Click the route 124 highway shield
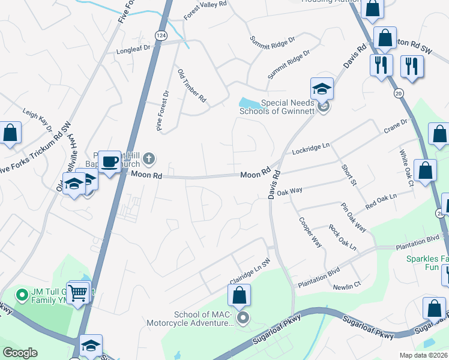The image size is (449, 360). click(160, 36)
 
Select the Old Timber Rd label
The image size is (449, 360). click(192, 85)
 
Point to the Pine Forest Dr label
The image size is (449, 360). click(163, 110)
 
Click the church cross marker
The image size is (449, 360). click(149, 159)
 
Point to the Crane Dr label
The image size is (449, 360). click(396, 126)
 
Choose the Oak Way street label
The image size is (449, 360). click(289, 191)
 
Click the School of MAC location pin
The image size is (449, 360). click(243, 317)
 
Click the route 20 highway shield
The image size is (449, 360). click(399, 93)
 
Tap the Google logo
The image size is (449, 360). click(20, 353)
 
